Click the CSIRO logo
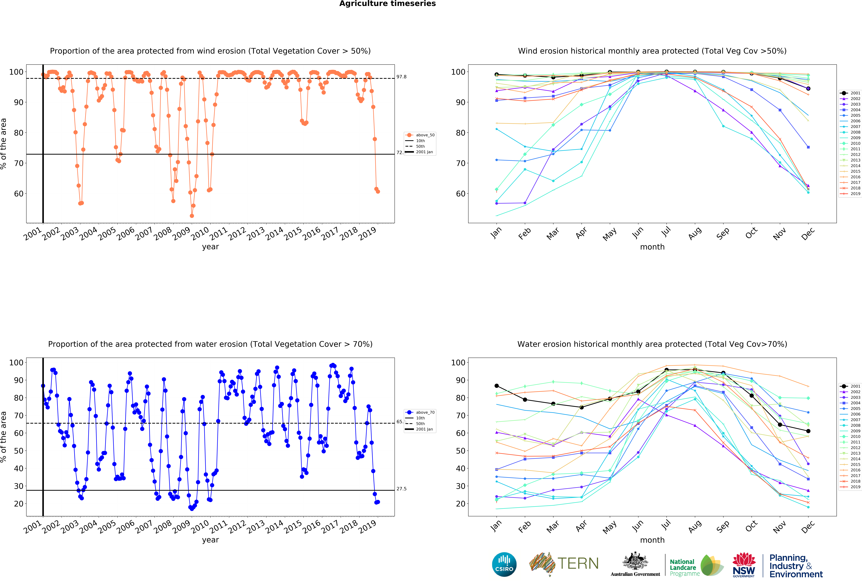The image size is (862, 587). pyautogui.click(x=504, y=564)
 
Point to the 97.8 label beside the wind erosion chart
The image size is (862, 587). pyautogui.click(x=401, y=77)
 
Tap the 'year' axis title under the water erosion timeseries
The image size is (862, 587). pyautogui.click(x=210, y=540)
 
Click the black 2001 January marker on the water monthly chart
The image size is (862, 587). pyautogui.click(x=497, y=386)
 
